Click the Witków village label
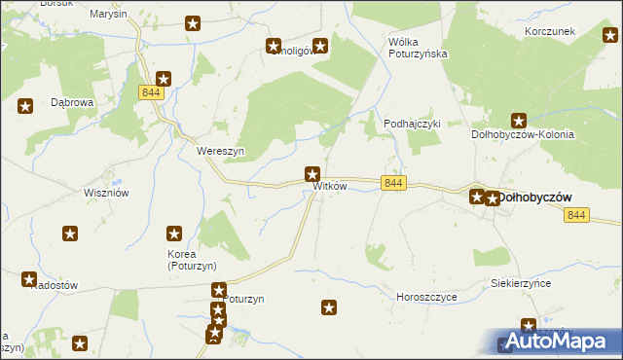[329, 187]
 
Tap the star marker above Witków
[312, 175]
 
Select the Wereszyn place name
[220, 152]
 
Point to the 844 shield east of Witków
[393, 183]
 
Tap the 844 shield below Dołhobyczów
[576, 215]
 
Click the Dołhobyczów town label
[534, 198]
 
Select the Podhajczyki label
[413, 124]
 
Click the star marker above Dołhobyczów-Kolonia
[519, 122]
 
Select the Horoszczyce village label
[426, 296]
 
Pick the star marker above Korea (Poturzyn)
[174, 234]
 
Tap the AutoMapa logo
[556, 342]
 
